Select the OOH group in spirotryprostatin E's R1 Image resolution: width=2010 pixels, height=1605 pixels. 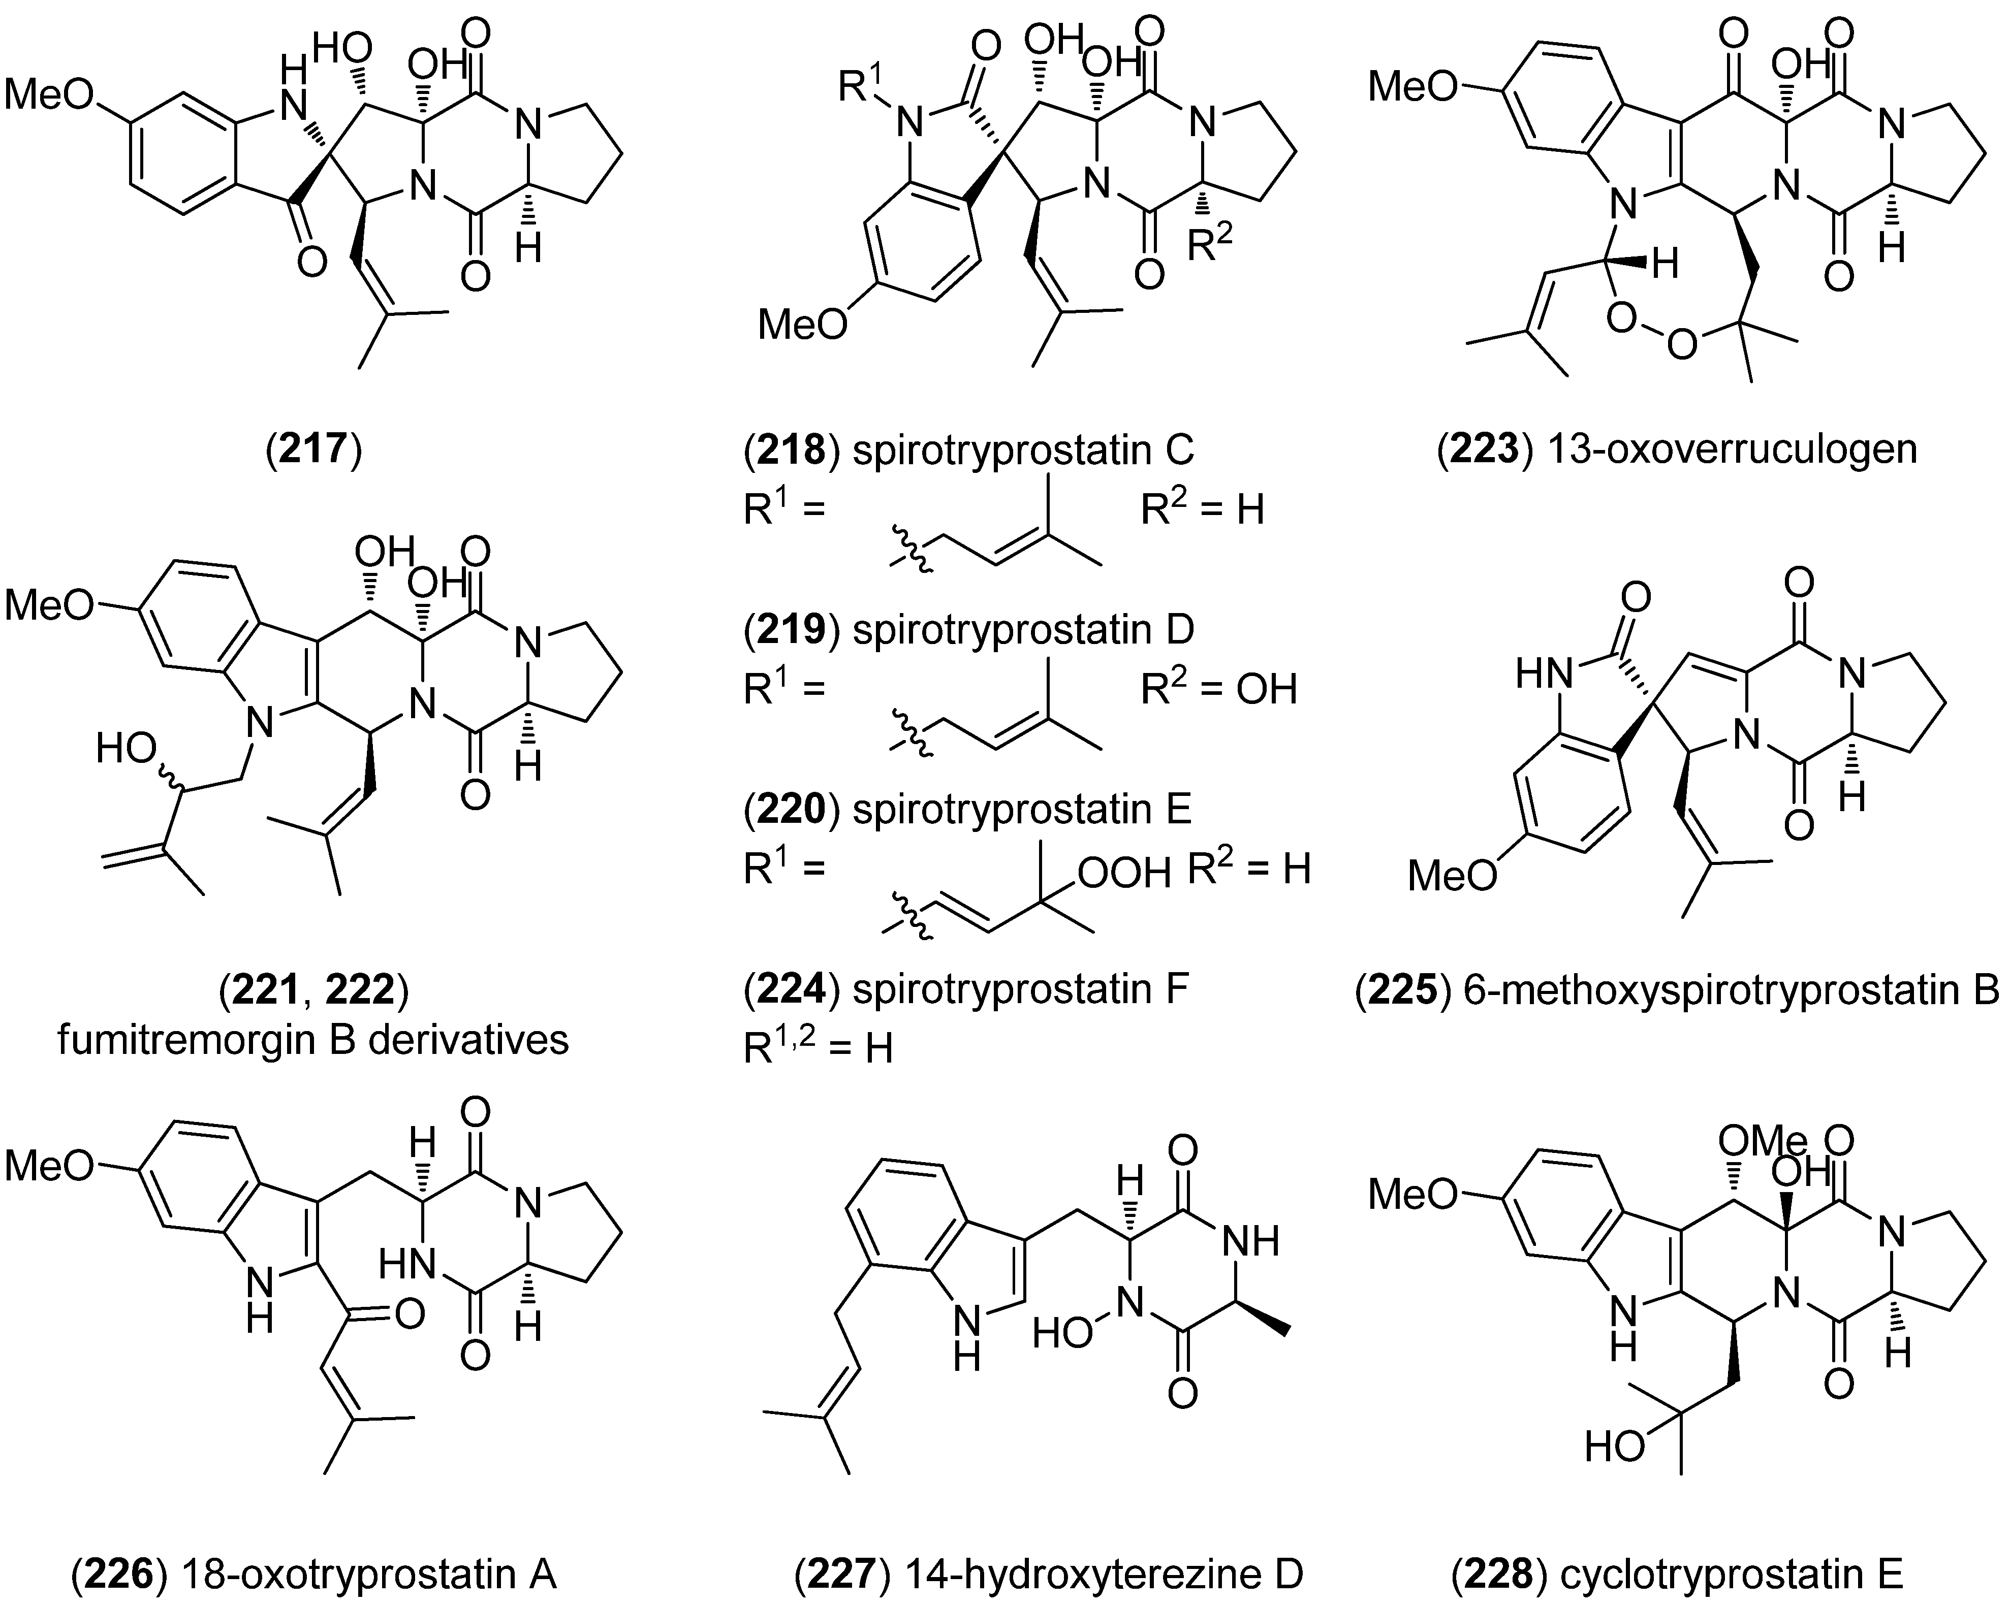click(x=1123, y=873)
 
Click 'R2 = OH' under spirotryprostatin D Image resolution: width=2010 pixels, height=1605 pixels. click(x=1218, y=690)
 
